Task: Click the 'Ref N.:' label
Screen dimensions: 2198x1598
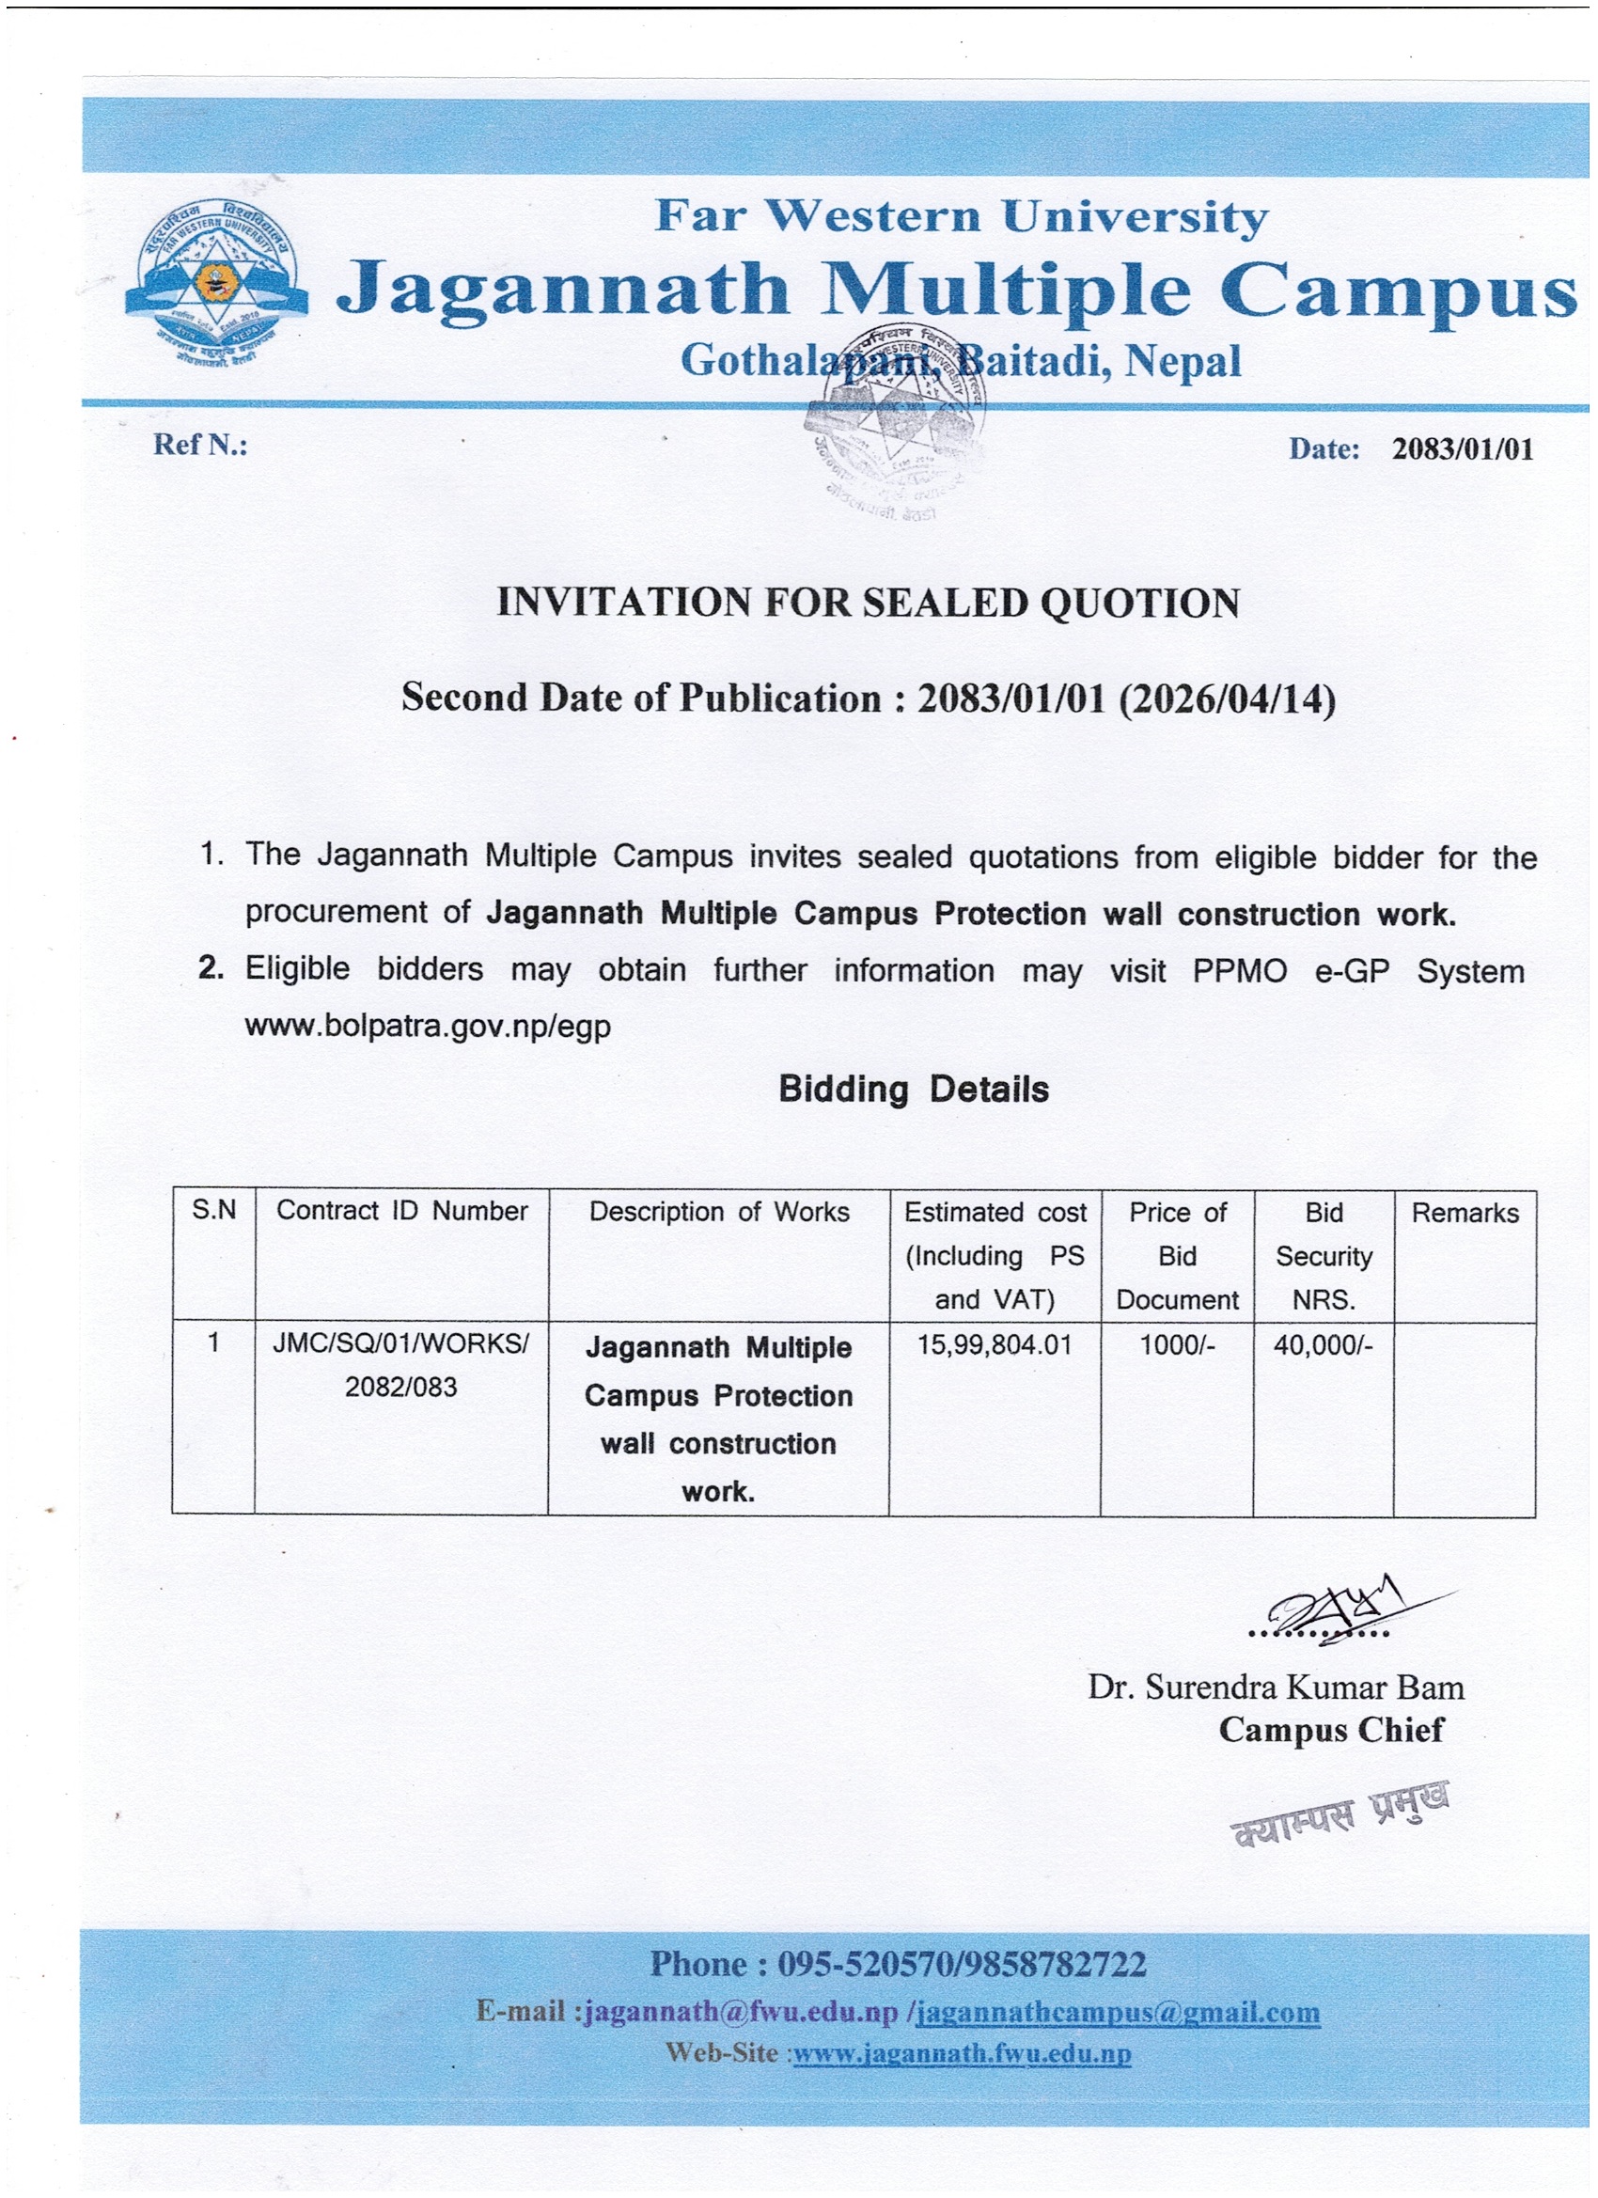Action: (200, 445)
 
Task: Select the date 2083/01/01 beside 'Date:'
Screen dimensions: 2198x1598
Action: (1463, 448)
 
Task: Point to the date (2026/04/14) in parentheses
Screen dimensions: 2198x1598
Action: (1227, 698)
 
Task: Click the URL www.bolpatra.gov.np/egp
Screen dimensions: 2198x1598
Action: (428, 1026)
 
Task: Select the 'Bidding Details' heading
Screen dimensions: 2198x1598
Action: (913, 1090)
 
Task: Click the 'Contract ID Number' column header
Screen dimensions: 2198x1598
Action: (401, 1211)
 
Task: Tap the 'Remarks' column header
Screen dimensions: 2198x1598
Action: (1465, 1213)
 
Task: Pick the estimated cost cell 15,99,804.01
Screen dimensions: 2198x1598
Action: (995, 1344)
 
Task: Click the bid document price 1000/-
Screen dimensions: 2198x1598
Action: (1177, 1344)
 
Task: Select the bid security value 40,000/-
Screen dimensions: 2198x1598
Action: (1323, 1344)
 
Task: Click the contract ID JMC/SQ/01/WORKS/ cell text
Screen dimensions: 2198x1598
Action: (401, 1344)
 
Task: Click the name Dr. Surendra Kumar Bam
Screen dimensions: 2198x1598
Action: (1276, 1688)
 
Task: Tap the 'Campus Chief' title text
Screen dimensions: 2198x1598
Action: (1330, 1730)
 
